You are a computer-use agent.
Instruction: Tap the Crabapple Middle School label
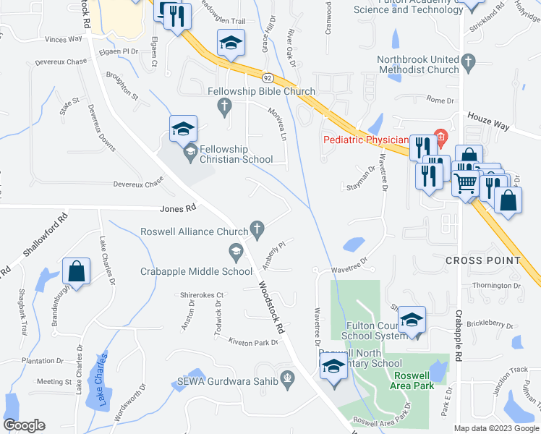pyautogui.click(x=196, y=271)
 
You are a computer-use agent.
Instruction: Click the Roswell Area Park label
pyautogui.click(x=421, y=380)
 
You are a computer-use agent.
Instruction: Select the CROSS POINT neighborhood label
pyautogui.click(x=482, y=260)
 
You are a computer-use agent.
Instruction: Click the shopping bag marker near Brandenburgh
pyautogui.click(x=76, y=272)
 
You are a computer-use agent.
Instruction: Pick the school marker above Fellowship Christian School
pyautogui.click(x=183, y=130)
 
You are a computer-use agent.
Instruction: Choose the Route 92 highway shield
pyautogui.click(x=268, y=77)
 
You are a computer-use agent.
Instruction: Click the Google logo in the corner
pyautogui.click(x=24, y=425)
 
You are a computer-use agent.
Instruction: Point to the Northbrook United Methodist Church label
pyautogui.click(x=418, y=64)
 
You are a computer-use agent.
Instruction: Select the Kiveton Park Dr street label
pyautogui.click(x=253, y=341)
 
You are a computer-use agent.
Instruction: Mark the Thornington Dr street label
pyautogui.click(x=497, y=286)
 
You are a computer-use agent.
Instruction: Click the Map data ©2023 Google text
pyautogui.click(x=495, y=428)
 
